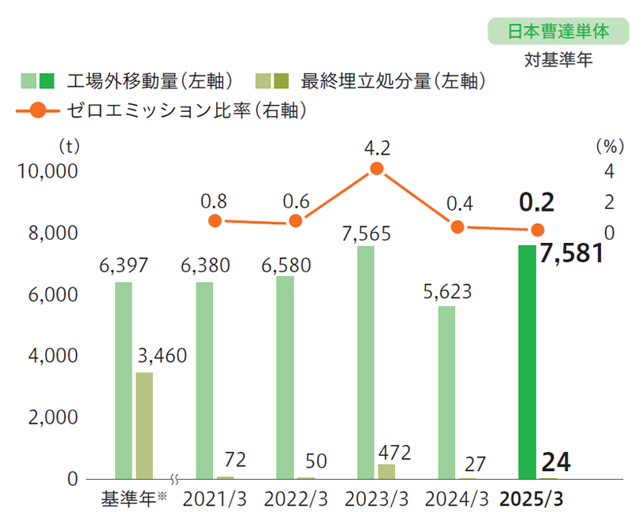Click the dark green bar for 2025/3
(x=528, y=362)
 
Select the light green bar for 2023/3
(x=366, y=362)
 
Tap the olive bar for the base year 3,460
(x=144, y=425)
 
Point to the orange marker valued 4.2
(x=376, y=169)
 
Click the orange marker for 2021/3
(x=215, y=221)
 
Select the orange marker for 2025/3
(x=537, y=230)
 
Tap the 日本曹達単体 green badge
(x=558, y=32)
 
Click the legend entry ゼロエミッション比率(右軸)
(x=162, y=110)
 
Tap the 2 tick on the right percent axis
(x=609, y=202)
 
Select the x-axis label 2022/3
(x=295, y=499)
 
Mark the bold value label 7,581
(x=572, y=254)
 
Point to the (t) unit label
(x=69, y=146)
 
